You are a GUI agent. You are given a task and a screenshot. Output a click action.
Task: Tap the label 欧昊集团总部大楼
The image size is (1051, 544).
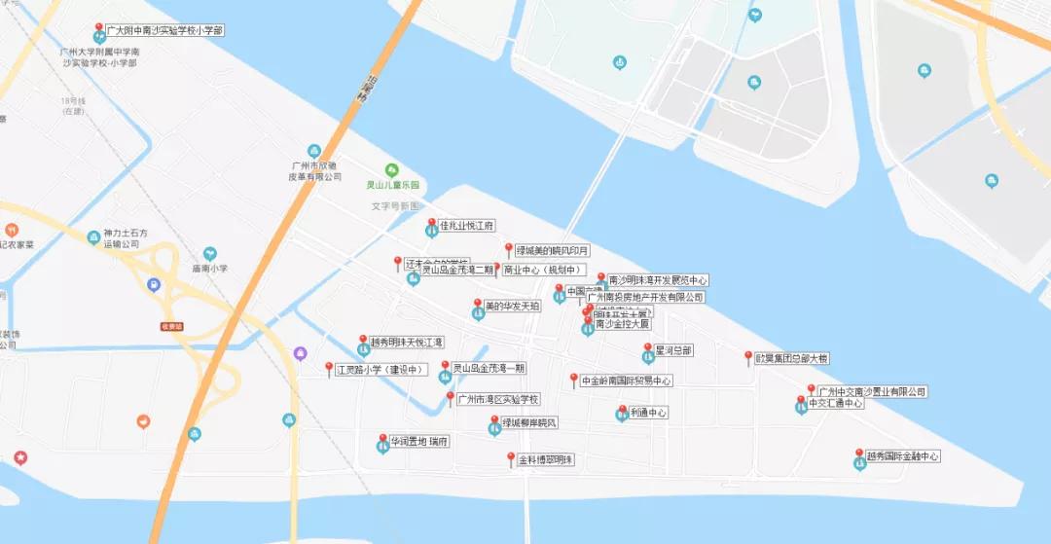pos(792,358)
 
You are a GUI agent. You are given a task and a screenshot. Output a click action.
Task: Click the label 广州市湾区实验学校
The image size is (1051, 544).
pos(499,399)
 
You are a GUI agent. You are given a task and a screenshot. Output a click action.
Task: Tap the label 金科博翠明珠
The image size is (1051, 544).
pos(546,459)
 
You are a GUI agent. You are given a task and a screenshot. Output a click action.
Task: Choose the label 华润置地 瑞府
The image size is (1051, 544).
pos(419,442)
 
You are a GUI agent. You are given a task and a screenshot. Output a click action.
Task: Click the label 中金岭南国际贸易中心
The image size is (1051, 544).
pos(627,381)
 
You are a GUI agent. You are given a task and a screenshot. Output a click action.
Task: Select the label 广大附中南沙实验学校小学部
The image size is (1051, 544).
pos(166,31)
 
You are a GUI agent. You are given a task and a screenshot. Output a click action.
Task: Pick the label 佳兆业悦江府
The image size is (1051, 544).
pos(468,226)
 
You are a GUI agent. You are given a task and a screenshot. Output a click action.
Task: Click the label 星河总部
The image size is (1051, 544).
pos(673,350)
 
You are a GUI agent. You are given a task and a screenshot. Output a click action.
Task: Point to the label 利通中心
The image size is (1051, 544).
pos(648,413)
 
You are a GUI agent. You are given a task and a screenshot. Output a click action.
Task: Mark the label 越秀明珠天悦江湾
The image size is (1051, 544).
pos(407,343)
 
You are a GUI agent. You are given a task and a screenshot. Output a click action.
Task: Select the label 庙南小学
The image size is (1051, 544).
pos(209,269)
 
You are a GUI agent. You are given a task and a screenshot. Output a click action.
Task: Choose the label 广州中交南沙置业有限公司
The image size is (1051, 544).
pos(873,391)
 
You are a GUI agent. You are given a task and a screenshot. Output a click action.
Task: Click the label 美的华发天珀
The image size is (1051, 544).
pos(513,306)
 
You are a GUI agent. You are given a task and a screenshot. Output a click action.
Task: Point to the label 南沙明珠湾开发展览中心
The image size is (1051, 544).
pos(658,280)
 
